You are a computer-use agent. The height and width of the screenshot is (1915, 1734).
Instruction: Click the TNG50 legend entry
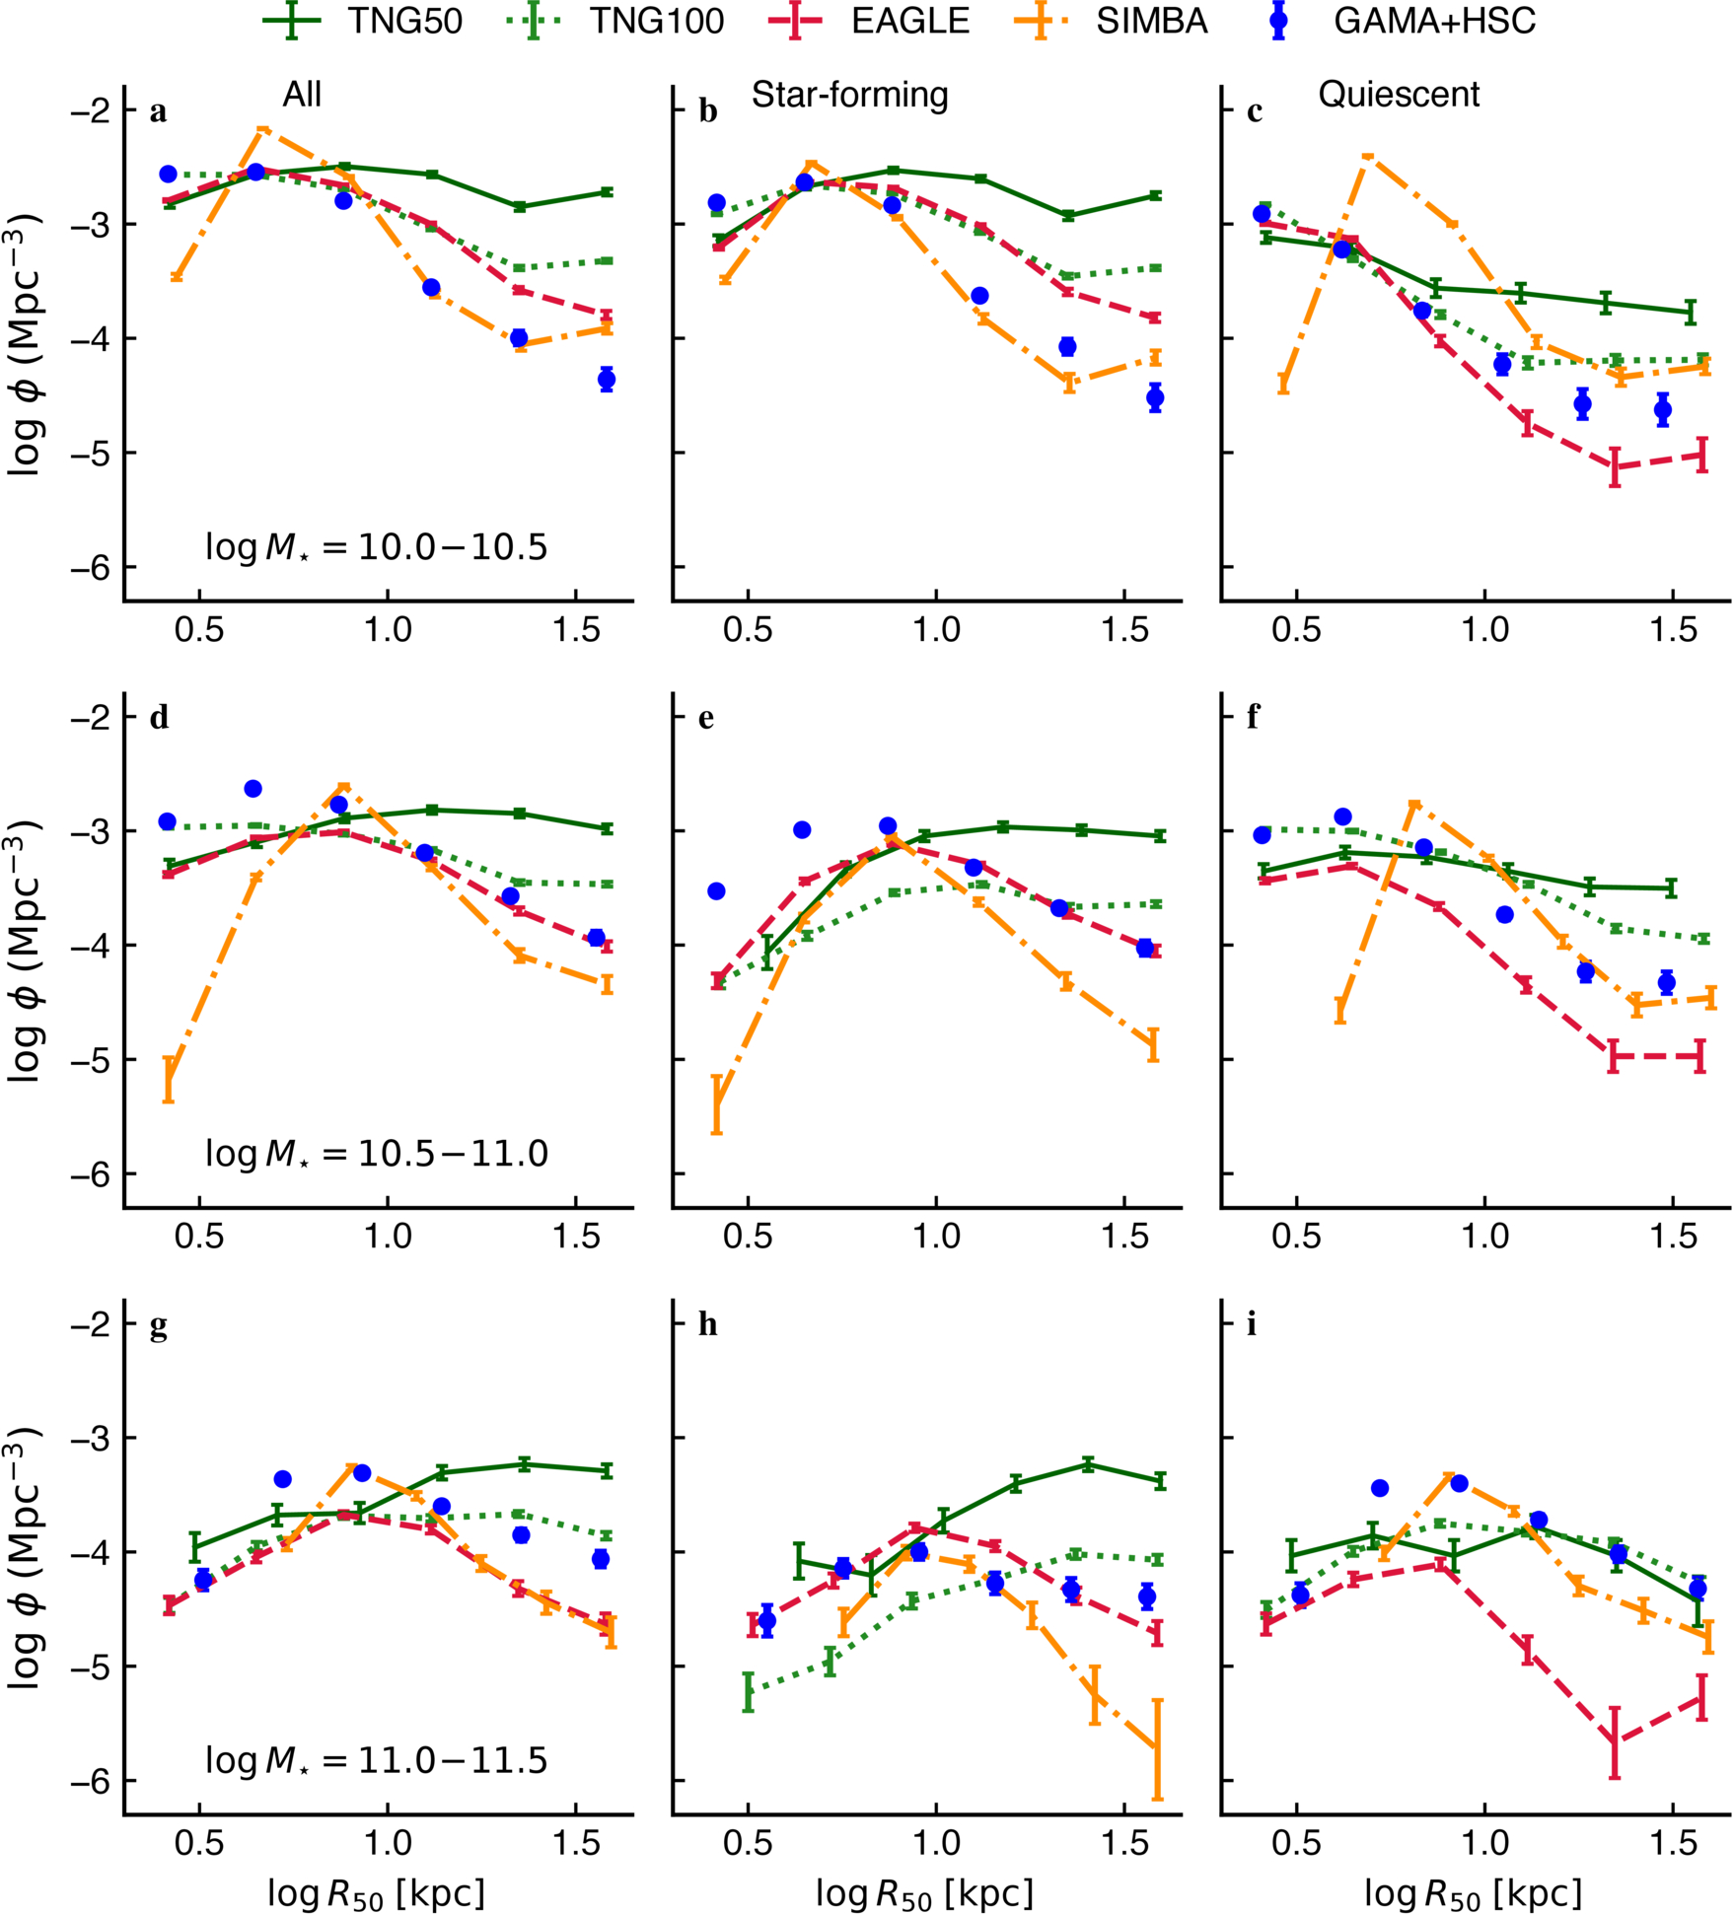[363, 21]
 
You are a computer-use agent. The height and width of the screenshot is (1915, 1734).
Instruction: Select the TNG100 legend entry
[615, 21]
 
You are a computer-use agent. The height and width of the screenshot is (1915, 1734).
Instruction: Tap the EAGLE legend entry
[868, 21]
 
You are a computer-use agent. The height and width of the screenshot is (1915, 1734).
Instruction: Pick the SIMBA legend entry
[1110, 21]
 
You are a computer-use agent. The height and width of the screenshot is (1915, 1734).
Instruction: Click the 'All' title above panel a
[302, 95]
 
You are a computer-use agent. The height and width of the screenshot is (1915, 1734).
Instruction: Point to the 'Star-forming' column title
[849, 96]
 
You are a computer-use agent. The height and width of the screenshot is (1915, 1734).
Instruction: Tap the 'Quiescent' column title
[1399, 95]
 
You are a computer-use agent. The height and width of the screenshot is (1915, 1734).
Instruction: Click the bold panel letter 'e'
[706, 719]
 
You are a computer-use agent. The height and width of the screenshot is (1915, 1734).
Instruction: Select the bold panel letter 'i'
[1252, 1324]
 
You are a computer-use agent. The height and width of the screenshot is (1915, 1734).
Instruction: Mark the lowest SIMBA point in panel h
[1157, 1748]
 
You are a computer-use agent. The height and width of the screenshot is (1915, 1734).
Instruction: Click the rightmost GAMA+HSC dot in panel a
[607, 380]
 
